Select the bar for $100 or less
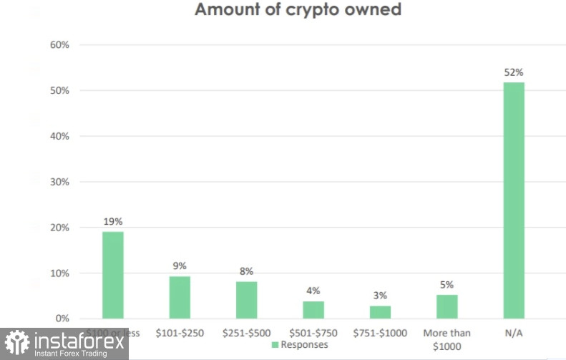pyautogui.click(x=112, y=275)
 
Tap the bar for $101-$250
pyautogui.click(x=180, y=297)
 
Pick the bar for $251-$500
pyautogui.click(x=246, y=300)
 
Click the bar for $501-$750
pyautogui.click(x=313, y=310)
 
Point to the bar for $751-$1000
pyautogui.click(x=380, y=312)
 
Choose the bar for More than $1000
pyautogui.click(x=447, y=306)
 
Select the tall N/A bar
pyautogui.click(x=514, y=200)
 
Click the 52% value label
pyautogui.click(x=514, y=72)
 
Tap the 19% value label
pyautogui.click(x=112, y=222)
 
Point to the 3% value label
pyautogui.click(x=380, y=296)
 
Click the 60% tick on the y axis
pyautogui.click(x=59, y=45)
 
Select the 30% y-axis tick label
pyautogui.click(x=59, y=182)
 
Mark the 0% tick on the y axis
pyautogui.click(x=62, y=318)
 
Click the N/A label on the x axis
pyautogui.click(x=514, y=333)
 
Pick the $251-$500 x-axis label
pyautogui.click(x=246, y=333)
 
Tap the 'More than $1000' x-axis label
pyautogui.click(x=447, y=339)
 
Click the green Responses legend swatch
pyautogui.click(x=275, y=345)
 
